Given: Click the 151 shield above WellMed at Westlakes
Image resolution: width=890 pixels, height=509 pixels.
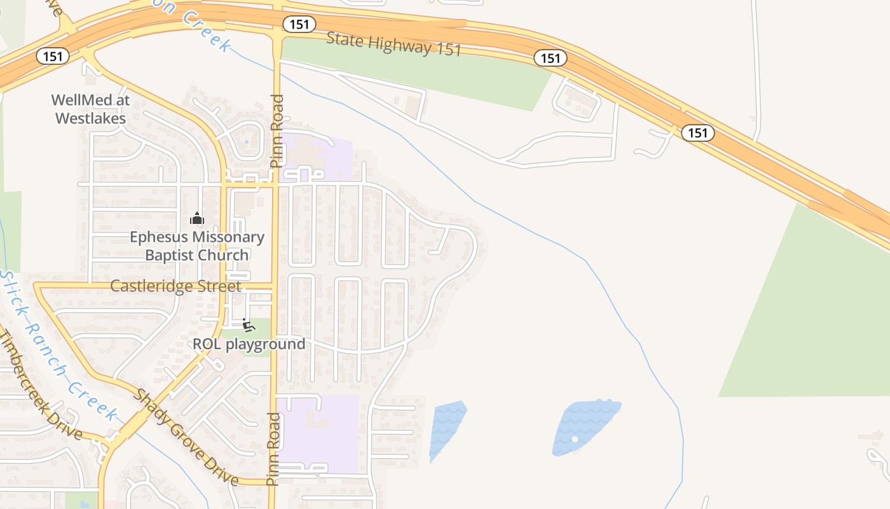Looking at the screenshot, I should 53,57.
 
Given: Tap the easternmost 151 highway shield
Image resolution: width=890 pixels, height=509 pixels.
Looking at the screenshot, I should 698,133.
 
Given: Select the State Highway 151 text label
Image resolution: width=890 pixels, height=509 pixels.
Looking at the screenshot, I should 394,43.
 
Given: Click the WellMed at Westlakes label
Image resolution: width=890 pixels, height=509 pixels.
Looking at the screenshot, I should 90,109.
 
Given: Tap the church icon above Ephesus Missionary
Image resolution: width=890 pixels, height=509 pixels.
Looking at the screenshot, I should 197,219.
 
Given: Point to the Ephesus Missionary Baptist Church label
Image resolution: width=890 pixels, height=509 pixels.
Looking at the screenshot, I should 197,246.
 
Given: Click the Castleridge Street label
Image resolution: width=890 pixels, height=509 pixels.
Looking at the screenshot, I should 175,286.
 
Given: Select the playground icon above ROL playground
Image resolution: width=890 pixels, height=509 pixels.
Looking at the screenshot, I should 249,325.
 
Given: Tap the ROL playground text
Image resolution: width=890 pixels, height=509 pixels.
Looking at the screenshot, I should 249,344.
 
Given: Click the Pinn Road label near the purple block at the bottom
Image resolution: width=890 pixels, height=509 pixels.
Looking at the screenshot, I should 273,449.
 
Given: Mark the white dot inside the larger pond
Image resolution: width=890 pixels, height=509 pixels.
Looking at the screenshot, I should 575,439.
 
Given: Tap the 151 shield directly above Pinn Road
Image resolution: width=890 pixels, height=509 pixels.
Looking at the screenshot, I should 299,24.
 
